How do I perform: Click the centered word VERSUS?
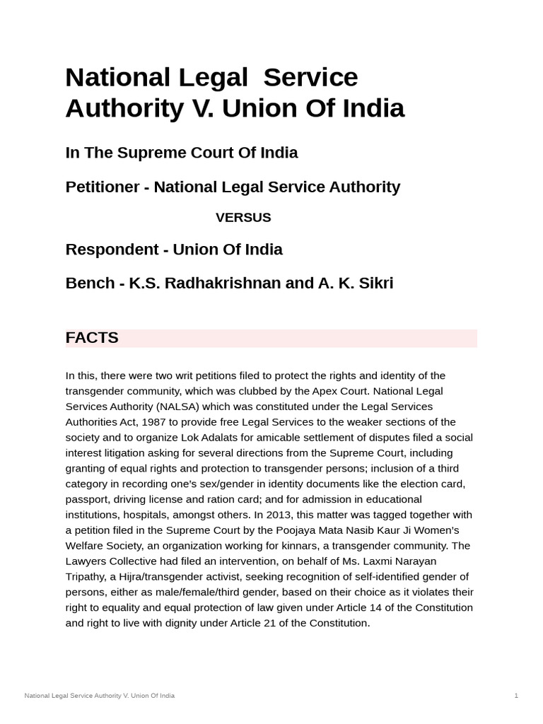[243, 218]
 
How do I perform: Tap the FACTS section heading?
[92, 338]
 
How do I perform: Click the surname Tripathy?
[86, 577]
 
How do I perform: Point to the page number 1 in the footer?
[516, 696]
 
